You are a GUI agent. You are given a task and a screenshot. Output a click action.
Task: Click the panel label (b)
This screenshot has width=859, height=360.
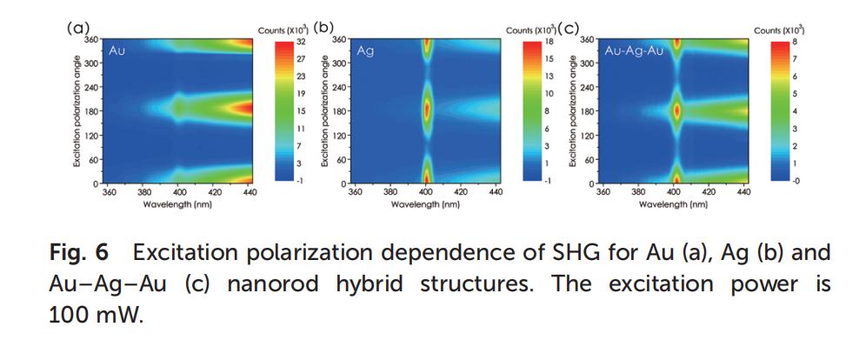click(x=323, y=28)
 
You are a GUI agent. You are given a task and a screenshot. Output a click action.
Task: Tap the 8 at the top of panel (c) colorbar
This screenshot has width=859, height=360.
click(x=793, y=41)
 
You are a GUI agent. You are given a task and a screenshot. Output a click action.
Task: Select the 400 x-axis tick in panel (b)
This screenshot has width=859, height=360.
click(x=426, y=191)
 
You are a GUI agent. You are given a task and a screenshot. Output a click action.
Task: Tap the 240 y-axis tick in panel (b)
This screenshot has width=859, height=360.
click(x=338, y=87)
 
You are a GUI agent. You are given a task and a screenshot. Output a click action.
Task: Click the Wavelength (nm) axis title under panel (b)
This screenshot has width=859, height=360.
click(x=426, y=204)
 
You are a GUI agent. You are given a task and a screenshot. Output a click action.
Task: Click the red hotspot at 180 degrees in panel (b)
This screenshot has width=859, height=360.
click(x=426, y=110)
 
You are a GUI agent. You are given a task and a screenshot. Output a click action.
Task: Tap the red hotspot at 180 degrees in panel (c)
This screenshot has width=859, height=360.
click(x=676, y=110)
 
